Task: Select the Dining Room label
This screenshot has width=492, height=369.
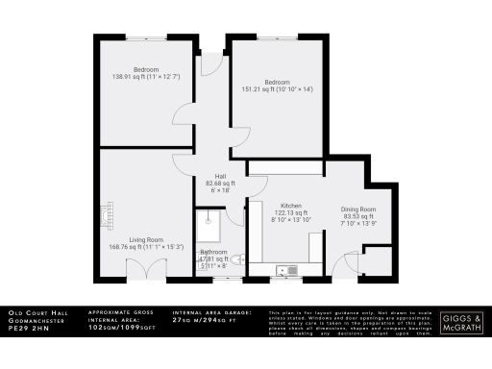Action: click(357, 209)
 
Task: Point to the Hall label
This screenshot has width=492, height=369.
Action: click(220, 176)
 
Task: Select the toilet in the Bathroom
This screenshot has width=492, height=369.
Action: click(238, 258)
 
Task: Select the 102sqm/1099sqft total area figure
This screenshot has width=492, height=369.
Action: click(120, 329)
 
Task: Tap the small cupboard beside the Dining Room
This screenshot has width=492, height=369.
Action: click(378, 260)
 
